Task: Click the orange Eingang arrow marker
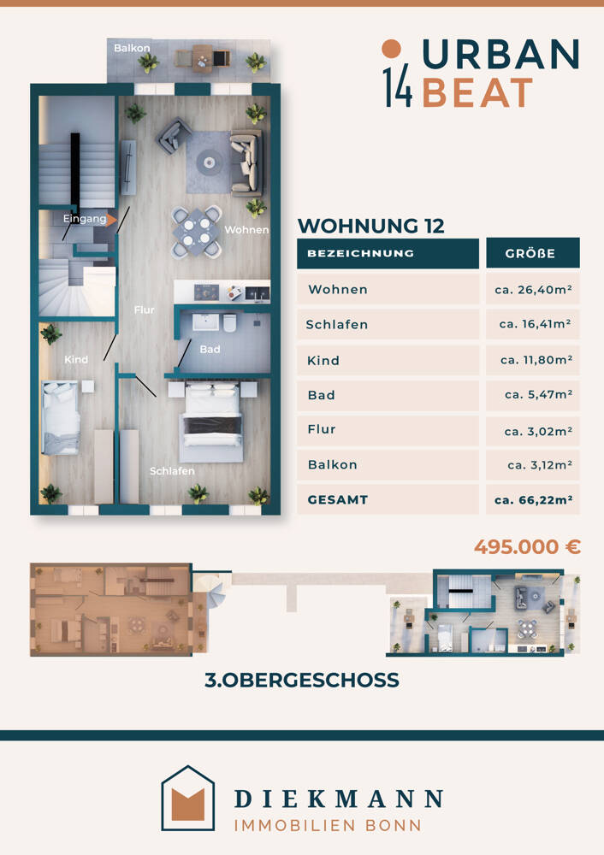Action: pos(111,221)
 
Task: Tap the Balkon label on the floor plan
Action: pos(132,48)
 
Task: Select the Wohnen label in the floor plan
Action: pos(246,229)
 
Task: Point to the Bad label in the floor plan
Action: pos(210,349)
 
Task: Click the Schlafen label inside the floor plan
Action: pos(172,470)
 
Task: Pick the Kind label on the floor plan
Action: pos(76,359)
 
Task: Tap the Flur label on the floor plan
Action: pos(144,310)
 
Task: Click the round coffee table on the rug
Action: pos(210,162)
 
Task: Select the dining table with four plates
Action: pos(197,232)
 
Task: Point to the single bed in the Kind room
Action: pos(61,418)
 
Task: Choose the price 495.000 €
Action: pos(527,546)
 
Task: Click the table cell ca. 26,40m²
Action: pos(533,290)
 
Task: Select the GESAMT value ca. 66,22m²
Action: pos(533,500)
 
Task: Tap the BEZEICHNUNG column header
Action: pos(361,254)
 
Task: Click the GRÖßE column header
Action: pos(530,254)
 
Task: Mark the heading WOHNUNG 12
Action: pos(371,226)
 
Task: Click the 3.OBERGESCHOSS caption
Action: pos(302,680)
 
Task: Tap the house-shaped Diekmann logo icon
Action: pos(187,798)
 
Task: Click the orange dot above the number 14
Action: pos(391,49)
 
